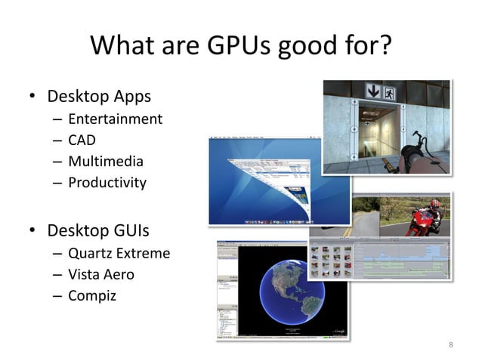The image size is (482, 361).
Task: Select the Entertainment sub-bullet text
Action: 115,119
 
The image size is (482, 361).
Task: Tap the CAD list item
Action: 82,140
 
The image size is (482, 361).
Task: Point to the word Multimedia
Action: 106,161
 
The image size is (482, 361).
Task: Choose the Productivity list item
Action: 107,182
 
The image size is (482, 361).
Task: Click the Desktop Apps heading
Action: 99,97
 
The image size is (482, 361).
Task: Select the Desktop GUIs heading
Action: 99,229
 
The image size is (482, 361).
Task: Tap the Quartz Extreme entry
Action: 119,253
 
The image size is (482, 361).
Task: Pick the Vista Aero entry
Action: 101,274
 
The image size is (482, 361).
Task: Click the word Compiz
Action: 92,295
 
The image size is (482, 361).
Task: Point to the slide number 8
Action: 451,345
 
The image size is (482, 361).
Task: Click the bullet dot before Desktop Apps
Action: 32,97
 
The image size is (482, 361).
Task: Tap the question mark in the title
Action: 384,48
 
